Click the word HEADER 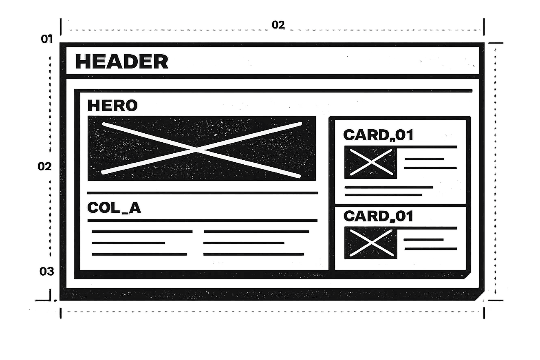click(121, 62)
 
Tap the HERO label click(112, 106)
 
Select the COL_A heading click(114, 208)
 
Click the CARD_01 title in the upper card click(378, 135)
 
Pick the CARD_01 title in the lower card click(378, 216)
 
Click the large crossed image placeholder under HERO click(201, 149)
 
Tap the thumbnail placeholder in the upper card click(370, 162)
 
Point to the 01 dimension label click(47, 39)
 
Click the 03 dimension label click(47, 272)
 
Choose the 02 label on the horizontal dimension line click(278, 25)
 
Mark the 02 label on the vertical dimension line click(45, 166)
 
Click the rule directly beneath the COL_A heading click(202, 220)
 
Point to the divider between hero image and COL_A click(202, 192)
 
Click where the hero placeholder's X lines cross click(198, 150)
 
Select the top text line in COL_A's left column click(142, 232)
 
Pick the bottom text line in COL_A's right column click(253, 254)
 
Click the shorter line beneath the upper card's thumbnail click(384, 195)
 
